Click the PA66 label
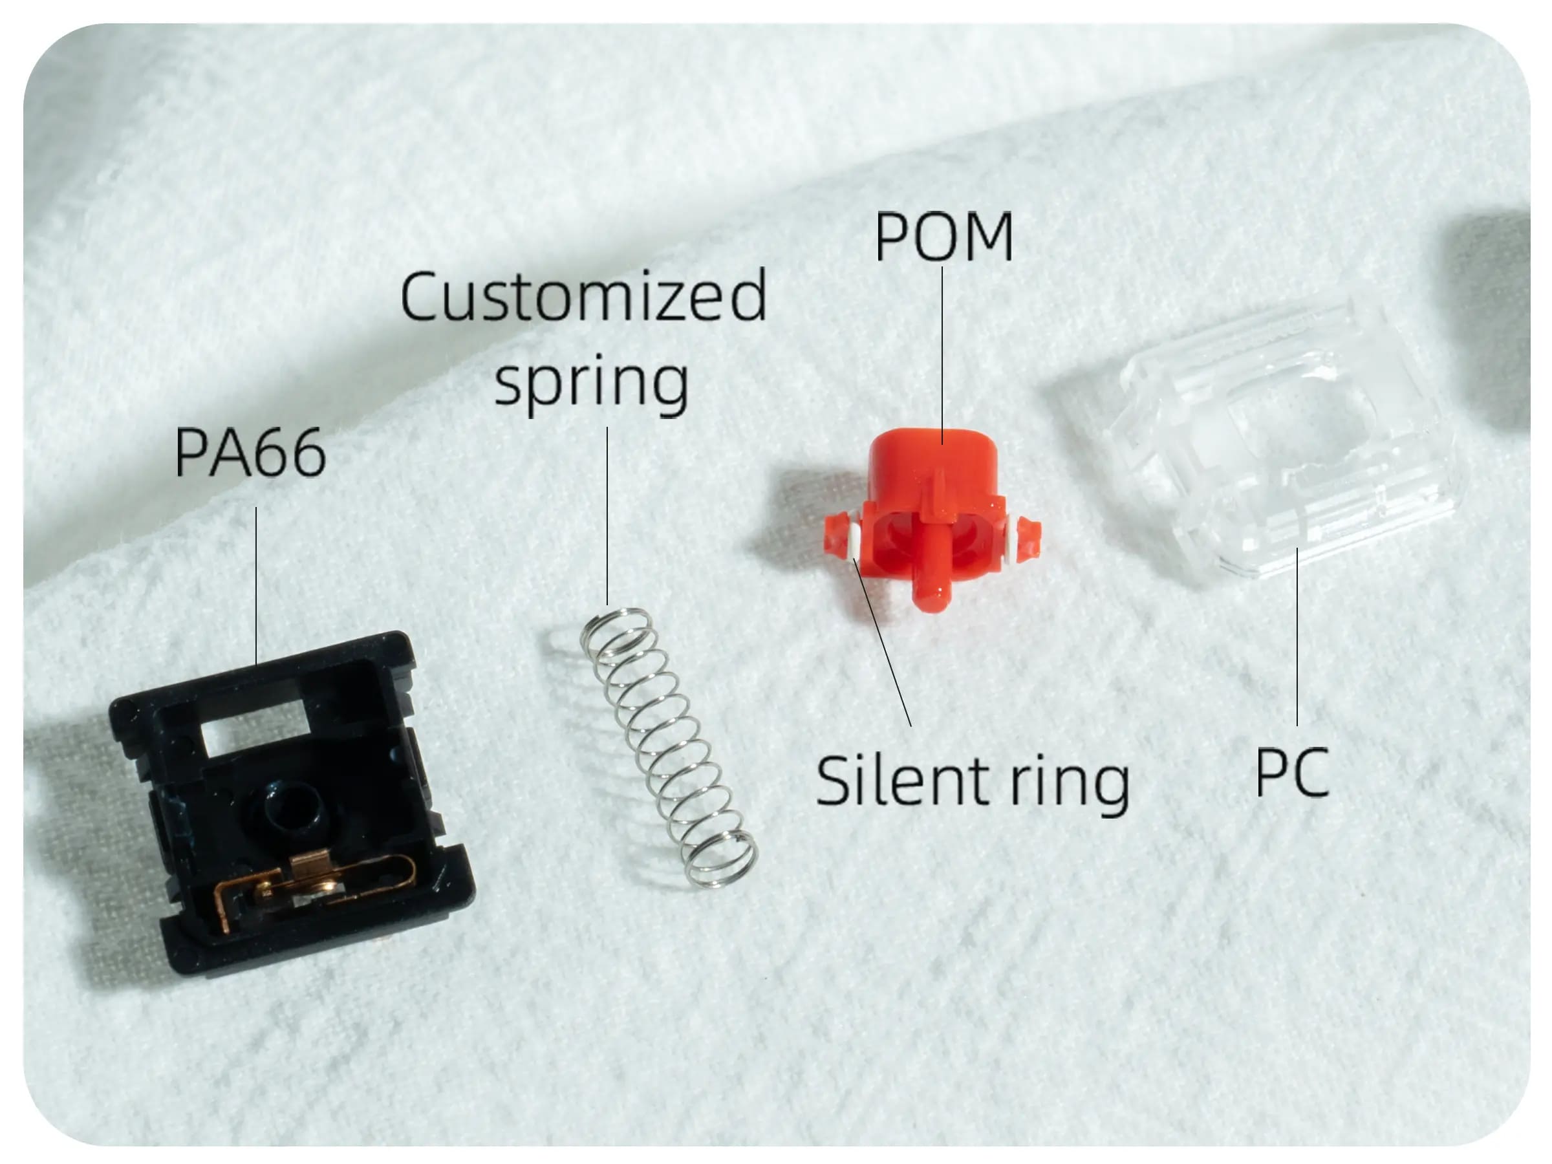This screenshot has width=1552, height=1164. point(250,453)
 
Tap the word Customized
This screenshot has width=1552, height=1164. point(583,297)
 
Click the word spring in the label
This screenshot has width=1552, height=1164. point(592,382)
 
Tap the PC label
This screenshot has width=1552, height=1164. point(1291,771)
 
